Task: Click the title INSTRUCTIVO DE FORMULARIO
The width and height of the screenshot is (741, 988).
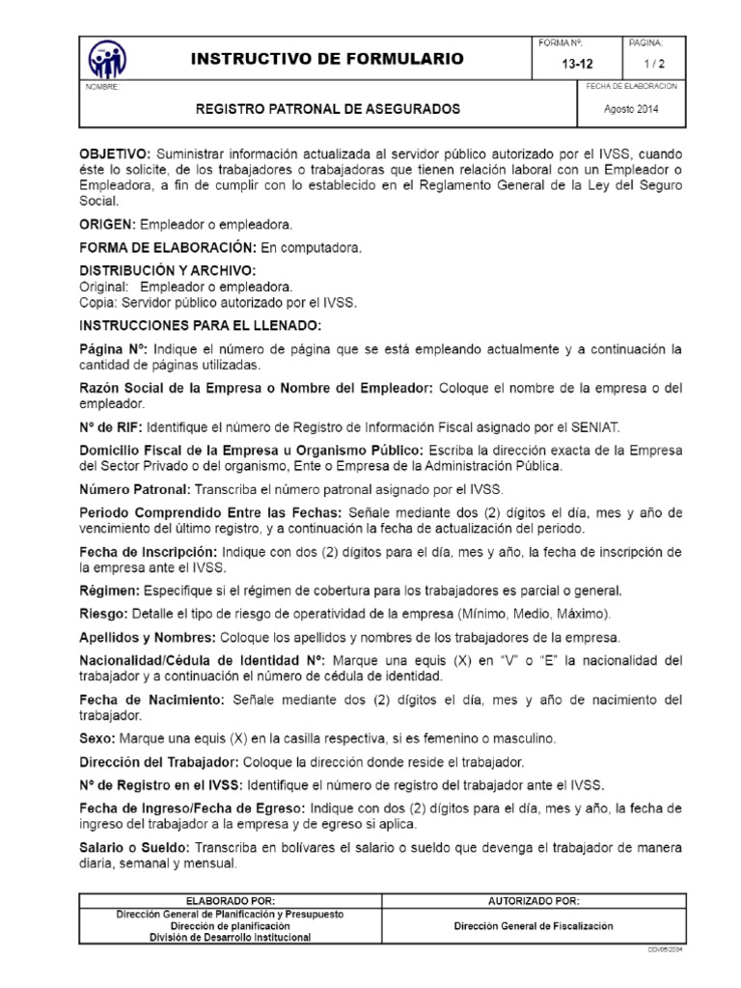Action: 328,59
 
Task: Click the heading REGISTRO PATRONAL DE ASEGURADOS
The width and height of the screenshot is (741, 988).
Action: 328,109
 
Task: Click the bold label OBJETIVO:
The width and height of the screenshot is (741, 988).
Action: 114,155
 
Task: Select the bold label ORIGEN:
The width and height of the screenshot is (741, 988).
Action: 106,224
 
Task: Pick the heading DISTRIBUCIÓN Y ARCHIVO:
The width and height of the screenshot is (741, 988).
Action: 168,271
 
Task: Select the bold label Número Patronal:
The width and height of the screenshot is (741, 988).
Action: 133,489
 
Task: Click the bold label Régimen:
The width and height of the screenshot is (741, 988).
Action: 108,590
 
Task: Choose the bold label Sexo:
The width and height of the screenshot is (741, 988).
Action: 97,738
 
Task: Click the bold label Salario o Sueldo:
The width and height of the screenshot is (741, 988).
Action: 135,848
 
